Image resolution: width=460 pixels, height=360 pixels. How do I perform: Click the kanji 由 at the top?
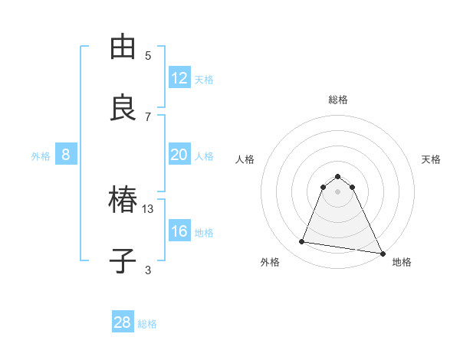click(x=124, y=47)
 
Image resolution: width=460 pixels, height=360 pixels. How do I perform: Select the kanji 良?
click(x=124, y=107)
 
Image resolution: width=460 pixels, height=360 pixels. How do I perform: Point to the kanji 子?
click(x=124, y=261)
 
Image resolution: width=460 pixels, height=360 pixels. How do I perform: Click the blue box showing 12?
click(x=179, y=78)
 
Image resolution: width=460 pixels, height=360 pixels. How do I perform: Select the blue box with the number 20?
click(x=179, y=155)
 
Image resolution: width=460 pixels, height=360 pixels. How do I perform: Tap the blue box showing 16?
click(x=179, y=231)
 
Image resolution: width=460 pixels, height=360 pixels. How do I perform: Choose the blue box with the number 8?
click(x=66, y=155)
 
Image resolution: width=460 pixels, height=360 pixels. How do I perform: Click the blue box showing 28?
click(x=123, y=322)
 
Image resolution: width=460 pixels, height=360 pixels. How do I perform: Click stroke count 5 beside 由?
click(x=149, y=56)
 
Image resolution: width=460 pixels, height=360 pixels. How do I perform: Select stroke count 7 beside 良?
click(x=149, y=116)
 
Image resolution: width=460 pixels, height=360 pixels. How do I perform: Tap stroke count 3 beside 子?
click(x=149, y=270)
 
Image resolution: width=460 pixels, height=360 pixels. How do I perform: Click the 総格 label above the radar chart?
click(x=338, y=100)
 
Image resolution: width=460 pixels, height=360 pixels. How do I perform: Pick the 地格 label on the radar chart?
click(x=402, y=262)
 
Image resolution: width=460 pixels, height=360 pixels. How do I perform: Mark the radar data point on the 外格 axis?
click(x=302, y=242)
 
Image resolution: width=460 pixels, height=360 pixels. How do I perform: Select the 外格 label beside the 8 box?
click(x=41, y=155)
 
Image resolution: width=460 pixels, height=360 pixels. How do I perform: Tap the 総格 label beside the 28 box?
click(x=147, y=324)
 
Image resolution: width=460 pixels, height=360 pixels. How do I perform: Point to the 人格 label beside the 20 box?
click(x=204, y=155)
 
